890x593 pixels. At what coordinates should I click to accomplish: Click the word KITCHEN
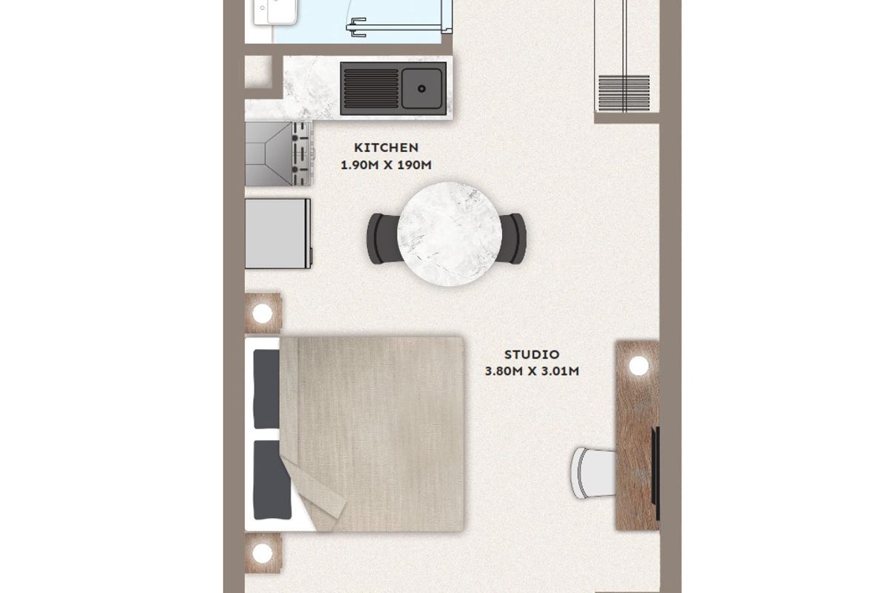point(386,148)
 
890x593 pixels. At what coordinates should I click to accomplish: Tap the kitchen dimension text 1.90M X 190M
point(386,165)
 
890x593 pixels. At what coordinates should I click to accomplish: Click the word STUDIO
point(532,354)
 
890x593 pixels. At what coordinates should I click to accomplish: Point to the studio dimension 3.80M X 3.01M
point(532,371)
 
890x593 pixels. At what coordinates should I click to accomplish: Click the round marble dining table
point(449,234)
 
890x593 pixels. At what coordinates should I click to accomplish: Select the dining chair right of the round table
point(513,239)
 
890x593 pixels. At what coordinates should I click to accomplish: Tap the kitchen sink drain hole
point(421,88)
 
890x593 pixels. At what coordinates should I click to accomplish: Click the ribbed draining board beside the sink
point(371,88)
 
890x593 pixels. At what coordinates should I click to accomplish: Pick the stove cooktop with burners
point(278,153)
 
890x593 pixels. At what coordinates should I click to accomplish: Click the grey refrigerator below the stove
point(278,233)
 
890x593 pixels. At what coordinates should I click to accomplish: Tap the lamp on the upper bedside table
point(263,314)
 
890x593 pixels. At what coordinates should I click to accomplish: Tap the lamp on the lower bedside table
point(263,553)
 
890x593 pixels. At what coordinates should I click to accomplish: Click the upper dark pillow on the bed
point(267,389)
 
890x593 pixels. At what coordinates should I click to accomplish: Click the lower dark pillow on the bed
point(271,480)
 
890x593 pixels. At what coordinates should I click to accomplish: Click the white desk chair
point(593,473)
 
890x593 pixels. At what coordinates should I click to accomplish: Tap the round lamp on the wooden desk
point(639,365)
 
